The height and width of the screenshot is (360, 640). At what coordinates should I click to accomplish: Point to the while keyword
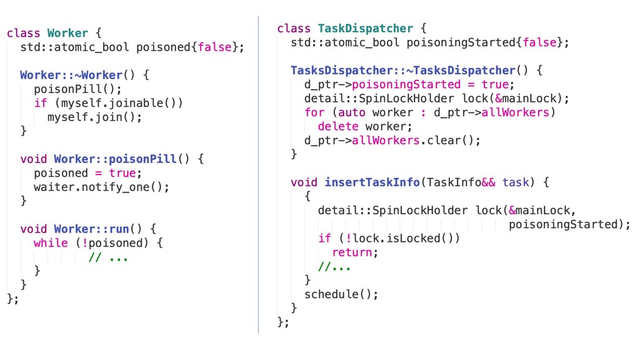[51, 243]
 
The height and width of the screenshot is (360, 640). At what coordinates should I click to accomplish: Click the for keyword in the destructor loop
[314, 112]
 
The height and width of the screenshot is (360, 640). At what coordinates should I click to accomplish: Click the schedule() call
[341, 294]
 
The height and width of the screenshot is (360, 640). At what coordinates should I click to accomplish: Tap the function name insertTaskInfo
[372, 182]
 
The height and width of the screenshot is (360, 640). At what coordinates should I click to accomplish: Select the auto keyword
[351, 112]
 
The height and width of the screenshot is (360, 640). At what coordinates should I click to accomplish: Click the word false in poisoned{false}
[214, 47]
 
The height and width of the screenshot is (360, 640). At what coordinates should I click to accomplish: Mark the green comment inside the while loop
[108, 257]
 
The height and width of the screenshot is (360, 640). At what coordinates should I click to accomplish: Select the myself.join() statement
[94, 117]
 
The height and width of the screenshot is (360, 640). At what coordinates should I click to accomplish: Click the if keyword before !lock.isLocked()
[324, 238]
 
